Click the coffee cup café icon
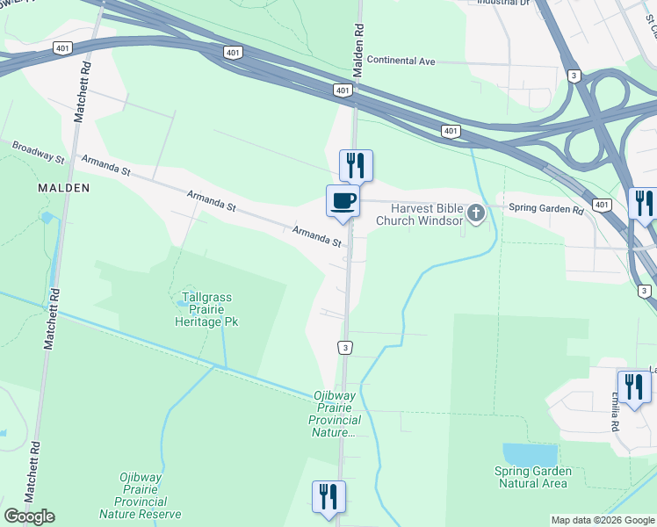coord(343,201)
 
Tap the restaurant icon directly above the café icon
coord(356,164)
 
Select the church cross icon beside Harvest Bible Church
coord(475,213)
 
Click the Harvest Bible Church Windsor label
coord(419,214)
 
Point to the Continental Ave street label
coord(401,61)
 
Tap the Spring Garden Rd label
coord(545,210)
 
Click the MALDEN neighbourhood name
coord(63,188)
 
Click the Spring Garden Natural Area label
coord(532,477)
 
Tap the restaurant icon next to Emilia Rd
coord(633,386)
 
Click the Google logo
coord(29,516)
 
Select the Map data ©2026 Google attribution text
coord(602,520)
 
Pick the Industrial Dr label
coord(503,3)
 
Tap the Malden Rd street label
coord(358,41)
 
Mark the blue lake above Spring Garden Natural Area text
coord(530,454)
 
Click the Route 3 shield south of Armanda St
coord(346,348)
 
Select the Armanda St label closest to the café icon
coord(317,235)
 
